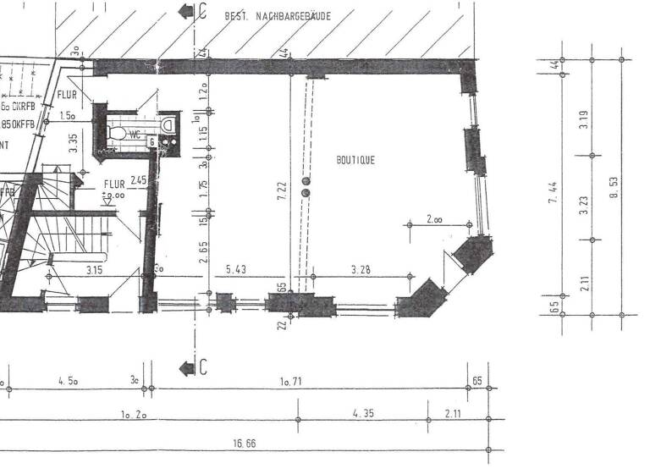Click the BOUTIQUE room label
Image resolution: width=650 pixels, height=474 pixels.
tap(356, 159)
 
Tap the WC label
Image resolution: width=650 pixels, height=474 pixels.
tap(135, 135)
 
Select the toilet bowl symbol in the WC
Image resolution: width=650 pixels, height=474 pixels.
tap(118, 133)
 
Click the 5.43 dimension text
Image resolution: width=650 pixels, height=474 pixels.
tap(236, 270)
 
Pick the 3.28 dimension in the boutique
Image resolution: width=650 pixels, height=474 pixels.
tap(363, 270)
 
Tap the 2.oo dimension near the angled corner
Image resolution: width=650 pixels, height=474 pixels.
tap(433, 219)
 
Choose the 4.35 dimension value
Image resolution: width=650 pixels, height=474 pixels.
tap(363, 412)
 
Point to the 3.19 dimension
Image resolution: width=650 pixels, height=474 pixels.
tap(582, 120)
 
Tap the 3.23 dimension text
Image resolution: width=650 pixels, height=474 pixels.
tap(582, 206)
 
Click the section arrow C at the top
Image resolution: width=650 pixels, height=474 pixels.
tap(188, 11)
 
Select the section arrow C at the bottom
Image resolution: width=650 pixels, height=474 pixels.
tap(190, 367)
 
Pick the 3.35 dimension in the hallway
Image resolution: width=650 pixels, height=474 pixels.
tap(74, 142)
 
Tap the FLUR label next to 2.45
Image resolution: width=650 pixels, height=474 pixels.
tap(113, 184)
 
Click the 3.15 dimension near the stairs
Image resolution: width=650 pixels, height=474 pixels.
tap(94, 270)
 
